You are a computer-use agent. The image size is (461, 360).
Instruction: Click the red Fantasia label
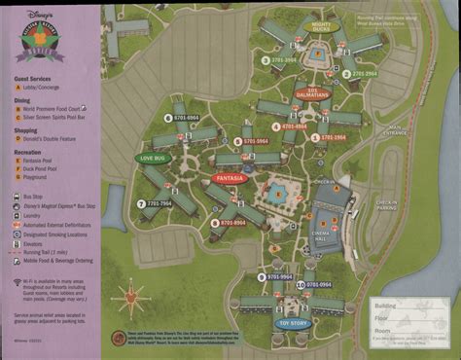230,179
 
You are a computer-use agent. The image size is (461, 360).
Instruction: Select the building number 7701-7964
155,203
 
